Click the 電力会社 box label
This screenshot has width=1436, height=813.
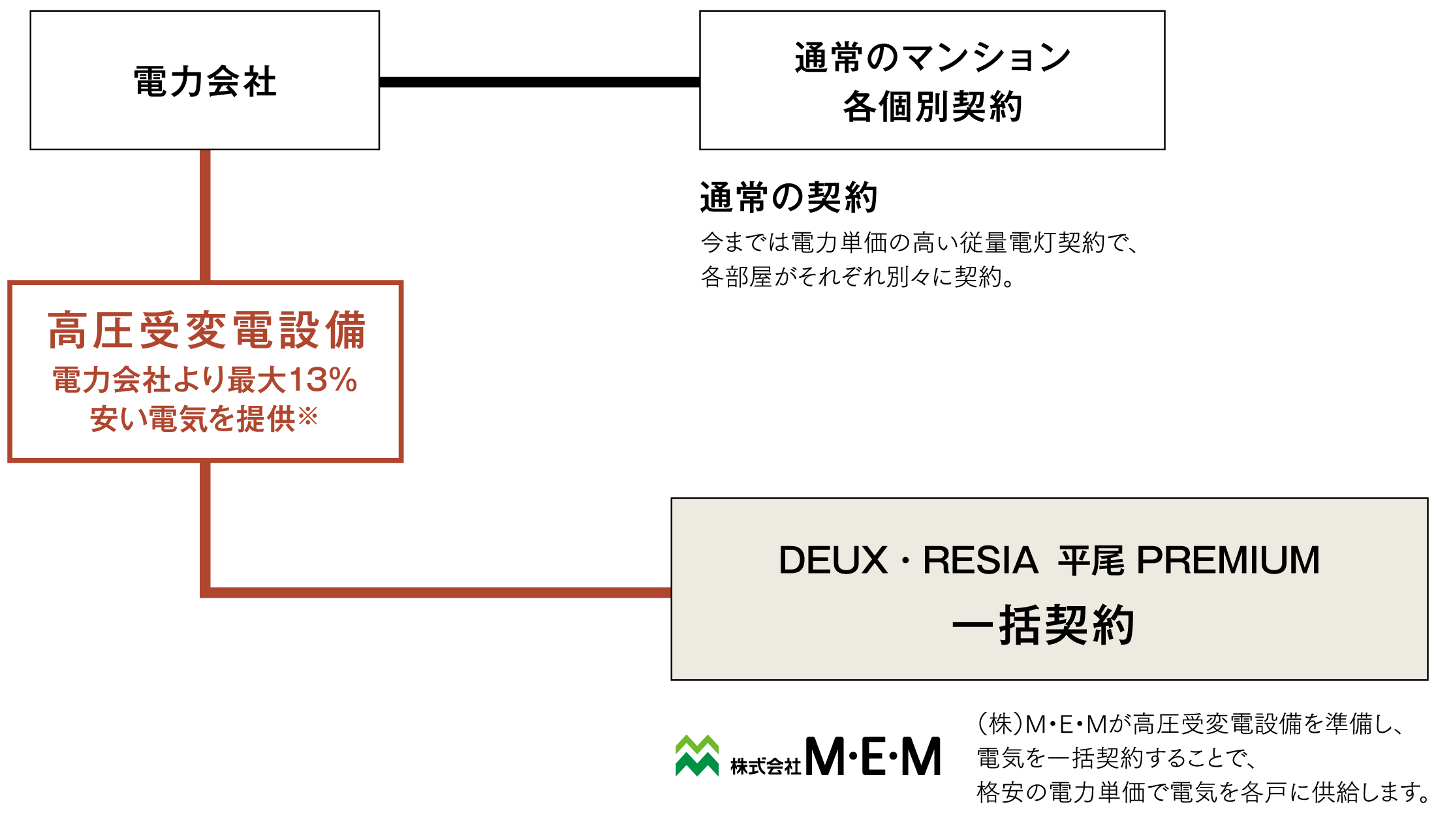[205, 82]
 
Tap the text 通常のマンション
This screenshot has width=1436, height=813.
[932, 57]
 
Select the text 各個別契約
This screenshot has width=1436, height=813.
[932, 107]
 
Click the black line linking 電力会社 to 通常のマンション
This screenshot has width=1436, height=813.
[539, 82]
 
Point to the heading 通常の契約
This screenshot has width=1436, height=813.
[788, 197]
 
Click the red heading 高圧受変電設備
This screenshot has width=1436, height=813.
[206, 330]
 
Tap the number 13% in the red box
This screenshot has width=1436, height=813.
[322, 380]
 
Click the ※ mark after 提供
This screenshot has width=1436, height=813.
[308, 416]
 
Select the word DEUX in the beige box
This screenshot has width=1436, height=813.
[833, 560]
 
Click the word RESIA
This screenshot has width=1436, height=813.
[980, 560]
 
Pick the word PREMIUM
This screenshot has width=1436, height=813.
[1228, 560]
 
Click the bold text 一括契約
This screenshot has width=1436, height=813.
[1043, 626]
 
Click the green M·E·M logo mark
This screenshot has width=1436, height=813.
[697, 756]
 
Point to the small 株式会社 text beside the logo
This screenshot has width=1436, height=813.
[765, 766]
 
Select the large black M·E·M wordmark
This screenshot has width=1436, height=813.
[873, 757]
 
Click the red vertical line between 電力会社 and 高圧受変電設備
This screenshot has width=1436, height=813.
[205, 215]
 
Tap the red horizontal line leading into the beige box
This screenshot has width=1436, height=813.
[437, 592]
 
